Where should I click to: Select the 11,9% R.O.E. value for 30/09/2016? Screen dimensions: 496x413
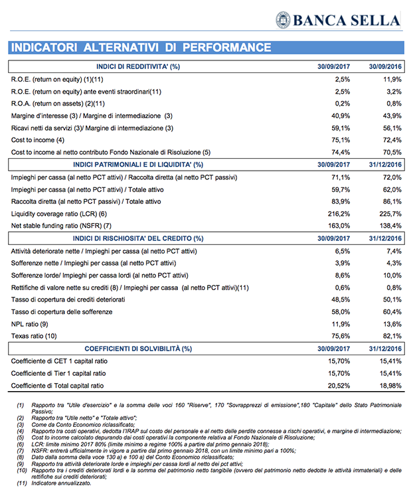click(x=392, y=79)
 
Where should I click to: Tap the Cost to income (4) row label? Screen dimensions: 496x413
click(x=38, y=139)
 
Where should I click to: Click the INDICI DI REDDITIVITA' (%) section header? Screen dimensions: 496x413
click(x=138, y=66)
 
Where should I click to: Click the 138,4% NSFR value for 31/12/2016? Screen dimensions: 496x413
click(x=390, y=226)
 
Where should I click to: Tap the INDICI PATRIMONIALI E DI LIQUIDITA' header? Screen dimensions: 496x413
click(x=138, y=164)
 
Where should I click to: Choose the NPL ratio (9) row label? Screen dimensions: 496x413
click(x=31, y=324)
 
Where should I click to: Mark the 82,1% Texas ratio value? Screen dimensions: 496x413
click(x=392, y=336)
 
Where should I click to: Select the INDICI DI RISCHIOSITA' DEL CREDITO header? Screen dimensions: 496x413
click(x=138, y=238)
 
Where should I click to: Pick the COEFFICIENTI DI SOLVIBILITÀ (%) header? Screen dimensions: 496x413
click(x=138, y=349)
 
